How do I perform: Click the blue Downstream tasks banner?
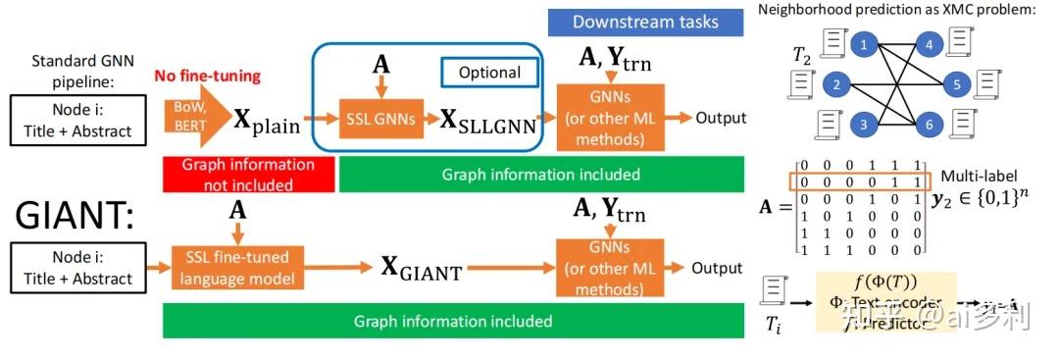tap(645, 22)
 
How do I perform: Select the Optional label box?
tap(489, 72)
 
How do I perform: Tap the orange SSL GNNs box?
tap(377, 119)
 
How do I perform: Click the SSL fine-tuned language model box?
tap(236, 267)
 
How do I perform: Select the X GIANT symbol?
tap(421, 268)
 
